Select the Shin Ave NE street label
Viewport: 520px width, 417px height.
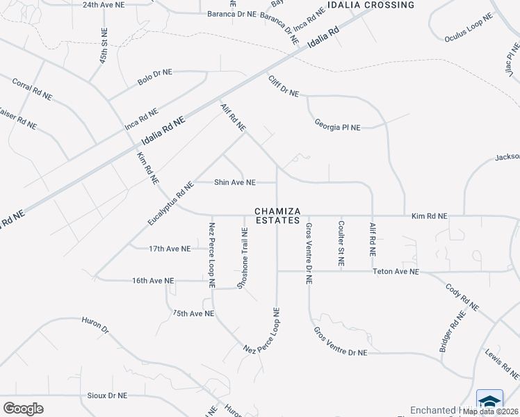(234, 182)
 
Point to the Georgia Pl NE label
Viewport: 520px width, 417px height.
(337, 127)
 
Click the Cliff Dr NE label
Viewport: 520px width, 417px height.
(283, 86)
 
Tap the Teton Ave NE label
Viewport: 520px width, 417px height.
(396, 272)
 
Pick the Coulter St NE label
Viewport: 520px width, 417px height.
(341, 243)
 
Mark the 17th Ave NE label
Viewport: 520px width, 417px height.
(170, 248)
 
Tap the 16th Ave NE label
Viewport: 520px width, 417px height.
(153, 281)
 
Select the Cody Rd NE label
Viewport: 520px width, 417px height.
(462, 297)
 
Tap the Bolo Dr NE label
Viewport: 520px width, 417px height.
(154, 77)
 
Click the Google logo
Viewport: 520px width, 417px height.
(23, 409)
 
